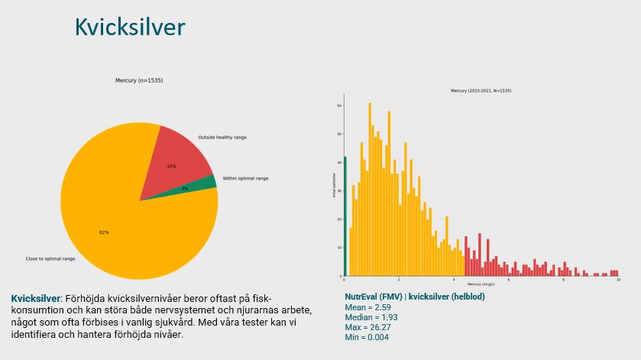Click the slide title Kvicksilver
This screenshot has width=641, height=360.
pos(130,28)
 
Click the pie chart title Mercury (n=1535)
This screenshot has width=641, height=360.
pos(139,80)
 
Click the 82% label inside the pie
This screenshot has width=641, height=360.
pos(104,232)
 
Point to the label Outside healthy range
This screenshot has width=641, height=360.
pos(222,138)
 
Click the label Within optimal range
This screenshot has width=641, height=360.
pos(245,179)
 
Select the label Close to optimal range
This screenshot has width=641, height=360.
pos(50,259)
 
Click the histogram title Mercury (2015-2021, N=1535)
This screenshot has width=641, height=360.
pos(481,91)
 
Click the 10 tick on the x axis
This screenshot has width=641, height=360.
pos(617,281)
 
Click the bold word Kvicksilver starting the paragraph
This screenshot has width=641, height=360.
pos(36,298)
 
